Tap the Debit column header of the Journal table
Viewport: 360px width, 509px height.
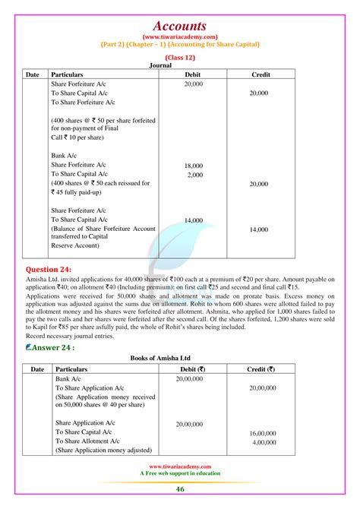coord(193,75)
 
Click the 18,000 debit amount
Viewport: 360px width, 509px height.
coord(194,165)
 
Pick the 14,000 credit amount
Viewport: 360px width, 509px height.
coord(258,229)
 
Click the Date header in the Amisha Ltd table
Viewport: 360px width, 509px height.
coord(36,368)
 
